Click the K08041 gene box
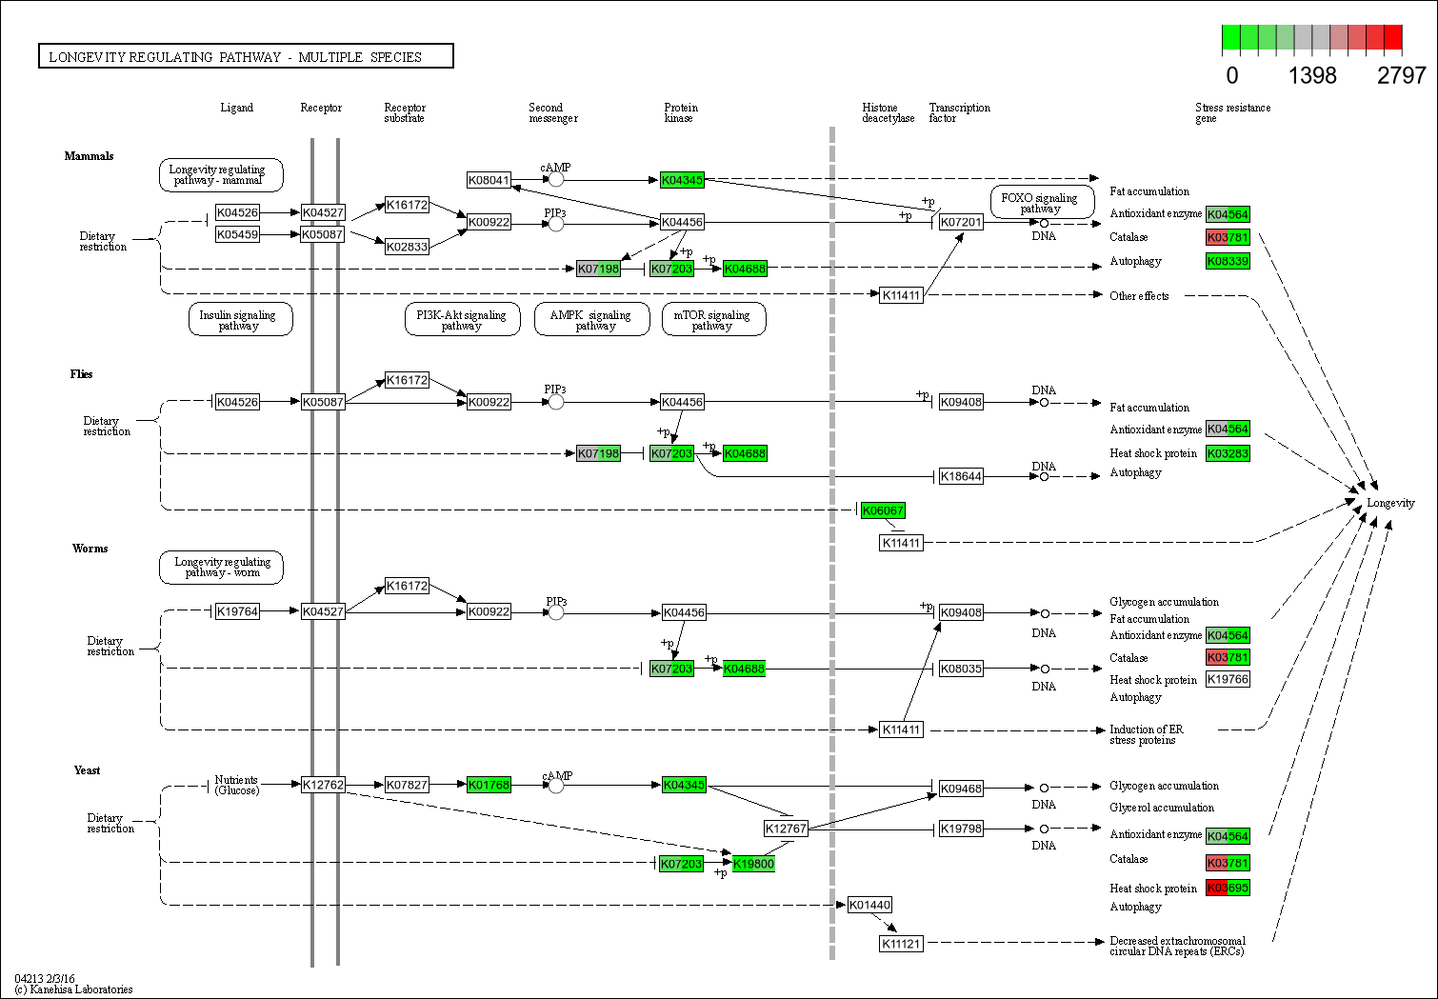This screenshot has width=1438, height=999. pos(489,180)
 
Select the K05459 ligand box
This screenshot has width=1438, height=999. pos(237,234)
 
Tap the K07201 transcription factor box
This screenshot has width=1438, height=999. pos(961,222)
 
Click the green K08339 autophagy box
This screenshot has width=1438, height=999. pos(1228,261)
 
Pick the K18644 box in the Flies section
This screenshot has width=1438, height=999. pos(961,476)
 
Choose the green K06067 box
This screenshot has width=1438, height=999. pos(883,510)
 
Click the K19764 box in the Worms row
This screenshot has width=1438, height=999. pos(237,611)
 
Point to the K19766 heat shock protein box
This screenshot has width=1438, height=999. pos(1228,679)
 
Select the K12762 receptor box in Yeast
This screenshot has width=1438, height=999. pos(323,785)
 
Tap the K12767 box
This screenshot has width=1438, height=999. pos(786,829)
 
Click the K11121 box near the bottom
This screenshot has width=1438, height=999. pos(900,944)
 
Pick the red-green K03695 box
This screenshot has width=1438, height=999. pos(1228,888)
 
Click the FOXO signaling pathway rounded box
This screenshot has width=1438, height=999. pos(1040,203)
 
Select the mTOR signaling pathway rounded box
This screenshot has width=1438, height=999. pos(711,320)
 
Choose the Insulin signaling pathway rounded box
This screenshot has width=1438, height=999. pos(238,320)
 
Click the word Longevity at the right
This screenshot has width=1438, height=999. pos(1390,503)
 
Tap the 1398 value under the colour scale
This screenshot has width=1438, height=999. pos(1312,76)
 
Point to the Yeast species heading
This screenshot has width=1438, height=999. pos(87,770)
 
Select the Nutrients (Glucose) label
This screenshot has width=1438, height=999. pos(236,785)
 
